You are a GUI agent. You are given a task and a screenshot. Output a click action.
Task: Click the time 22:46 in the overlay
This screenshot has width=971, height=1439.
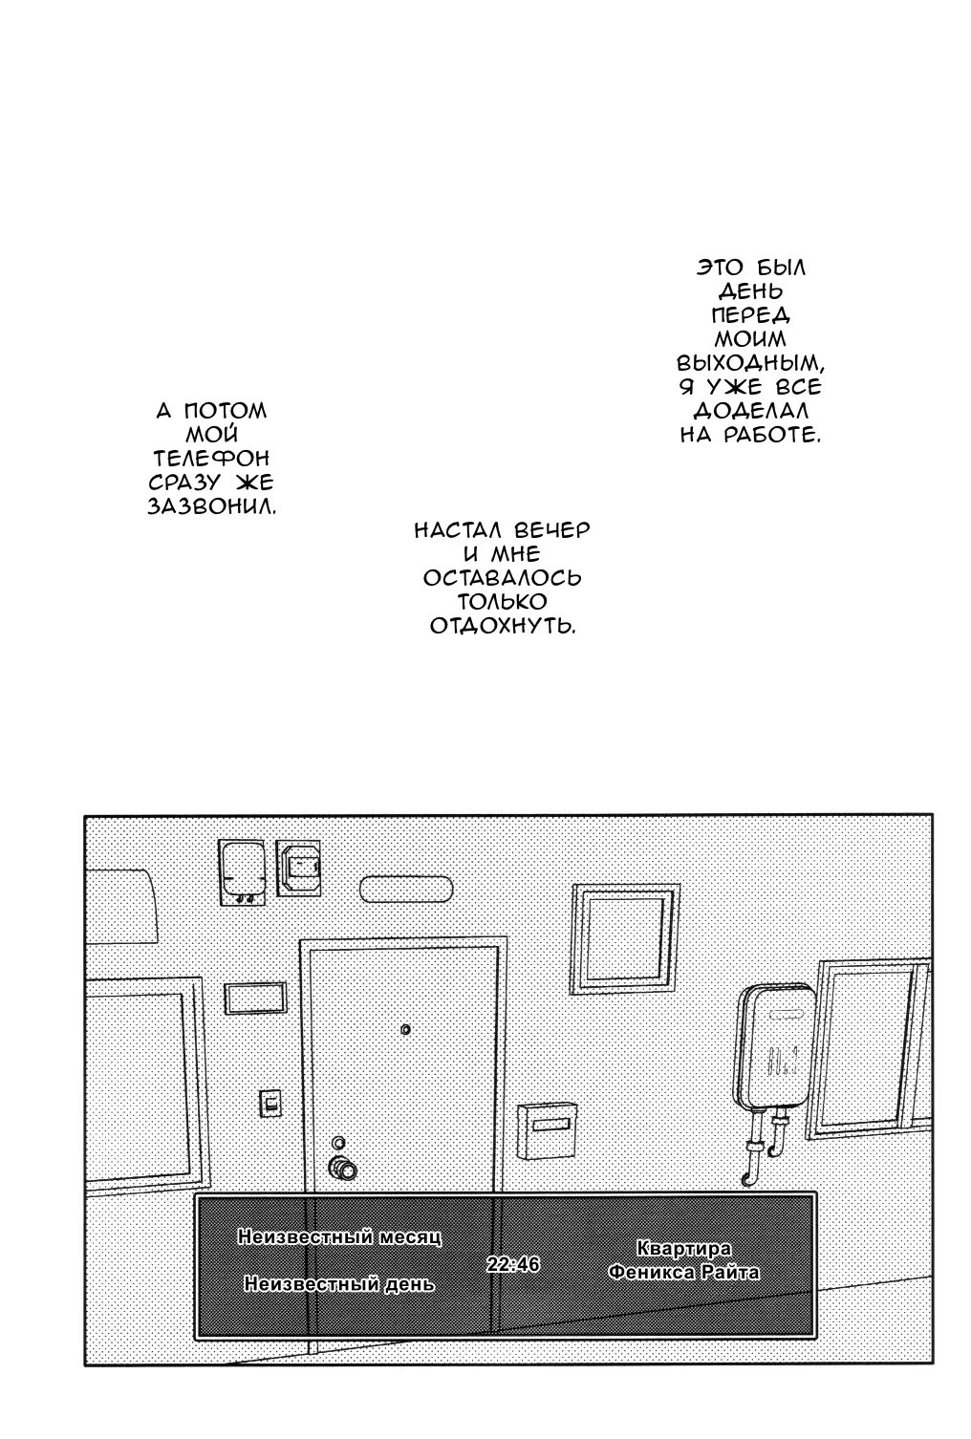pyautogui.click(x=513, y=1263)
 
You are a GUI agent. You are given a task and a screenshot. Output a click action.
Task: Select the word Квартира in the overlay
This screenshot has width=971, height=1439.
pyautogui.click(x=683, y=1248)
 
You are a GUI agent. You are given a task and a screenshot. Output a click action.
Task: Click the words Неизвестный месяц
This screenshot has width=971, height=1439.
pyautogui.click(x=340, y=1236)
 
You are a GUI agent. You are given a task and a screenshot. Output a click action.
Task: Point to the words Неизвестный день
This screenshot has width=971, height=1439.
pyautogui.click(x=339, y=1283)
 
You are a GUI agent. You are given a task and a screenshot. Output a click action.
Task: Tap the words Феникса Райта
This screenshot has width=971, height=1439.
pyautogui.click(x=683, y=1272)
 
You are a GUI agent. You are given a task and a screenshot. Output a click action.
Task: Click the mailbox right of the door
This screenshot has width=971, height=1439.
pyautogui.click(x=547, y=1131)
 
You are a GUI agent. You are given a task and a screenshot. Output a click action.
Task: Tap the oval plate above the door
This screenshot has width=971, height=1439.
pyautogui.click(x=406, y=890)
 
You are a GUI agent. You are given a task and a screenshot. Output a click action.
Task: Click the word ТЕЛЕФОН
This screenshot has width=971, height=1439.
pyautogui.click(x=211, y=459)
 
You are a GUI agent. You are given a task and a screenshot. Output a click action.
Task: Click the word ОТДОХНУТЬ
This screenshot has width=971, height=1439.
pyautogui.click(x=502, y=626)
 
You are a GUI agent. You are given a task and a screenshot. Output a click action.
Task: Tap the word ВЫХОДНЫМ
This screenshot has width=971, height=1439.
pyautogui.click(x=750, y=364)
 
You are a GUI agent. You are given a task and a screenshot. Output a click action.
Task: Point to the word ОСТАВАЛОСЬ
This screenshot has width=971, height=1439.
pyautogui.click(x=502, y=577)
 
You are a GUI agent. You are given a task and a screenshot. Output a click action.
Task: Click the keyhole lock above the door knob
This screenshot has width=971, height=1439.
pyautogui.click(x=338, y=1142)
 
